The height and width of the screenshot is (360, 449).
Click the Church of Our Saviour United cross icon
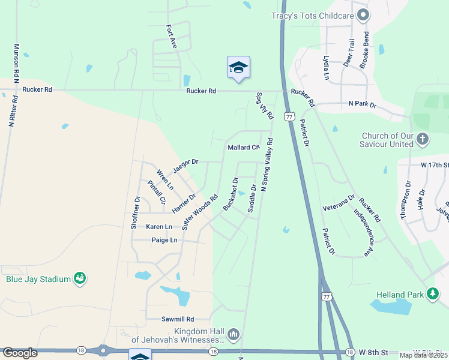click(x=423, y=139)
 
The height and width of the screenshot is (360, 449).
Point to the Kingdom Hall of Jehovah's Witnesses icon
click(x=234, y=334)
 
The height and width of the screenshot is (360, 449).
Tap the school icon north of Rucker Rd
click(x=238, y=68)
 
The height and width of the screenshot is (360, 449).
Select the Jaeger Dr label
click(x=185, y=162)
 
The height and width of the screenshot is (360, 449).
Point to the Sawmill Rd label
click(x=178, y=319)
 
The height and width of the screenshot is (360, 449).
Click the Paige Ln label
click(x=164, y=240)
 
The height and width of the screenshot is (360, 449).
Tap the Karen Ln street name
click(x=159, y=227)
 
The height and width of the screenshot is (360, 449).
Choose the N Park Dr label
click(x=362, y=104)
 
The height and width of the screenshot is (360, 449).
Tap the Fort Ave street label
click(x=172, y=37)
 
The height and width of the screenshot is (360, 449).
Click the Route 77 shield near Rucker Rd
click(x=290, y=116)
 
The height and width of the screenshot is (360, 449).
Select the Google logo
click(x=20, y=353)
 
